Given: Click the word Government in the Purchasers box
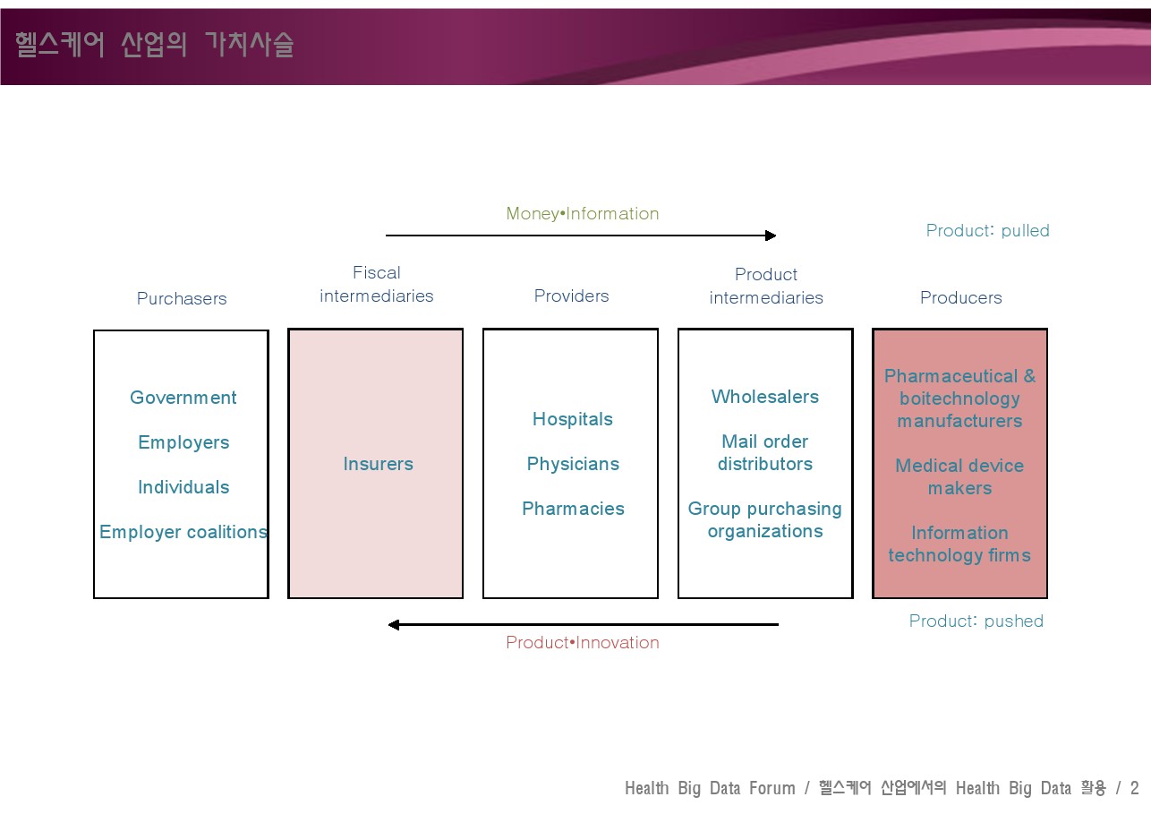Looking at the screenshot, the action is [183, 398].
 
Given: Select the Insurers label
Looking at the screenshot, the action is [379, 464].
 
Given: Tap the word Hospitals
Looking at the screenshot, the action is [573, 419].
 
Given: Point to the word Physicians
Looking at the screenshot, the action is [573, 464].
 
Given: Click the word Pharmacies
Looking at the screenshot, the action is [573, 509].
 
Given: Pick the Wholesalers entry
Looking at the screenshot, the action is [765, 397].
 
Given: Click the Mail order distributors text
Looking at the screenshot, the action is [765, 452].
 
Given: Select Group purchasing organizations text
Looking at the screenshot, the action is [765, 520].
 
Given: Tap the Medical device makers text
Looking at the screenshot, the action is [959, 476].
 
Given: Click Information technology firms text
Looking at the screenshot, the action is [959, 544].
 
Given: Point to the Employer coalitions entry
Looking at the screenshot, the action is [183, 532].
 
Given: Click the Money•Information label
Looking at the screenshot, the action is [582, 213].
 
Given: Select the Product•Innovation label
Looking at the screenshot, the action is [582, 642].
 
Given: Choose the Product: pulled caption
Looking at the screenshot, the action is [987, 230].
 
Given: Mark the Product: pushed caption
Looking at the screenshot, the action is [976, 621].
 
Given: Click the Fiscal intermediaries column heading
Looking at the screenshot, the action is [377, 285].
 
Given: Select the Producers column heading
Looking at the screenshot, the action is [961, 297].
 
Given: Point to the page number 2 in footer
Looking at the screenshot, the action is [1135, 788].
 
